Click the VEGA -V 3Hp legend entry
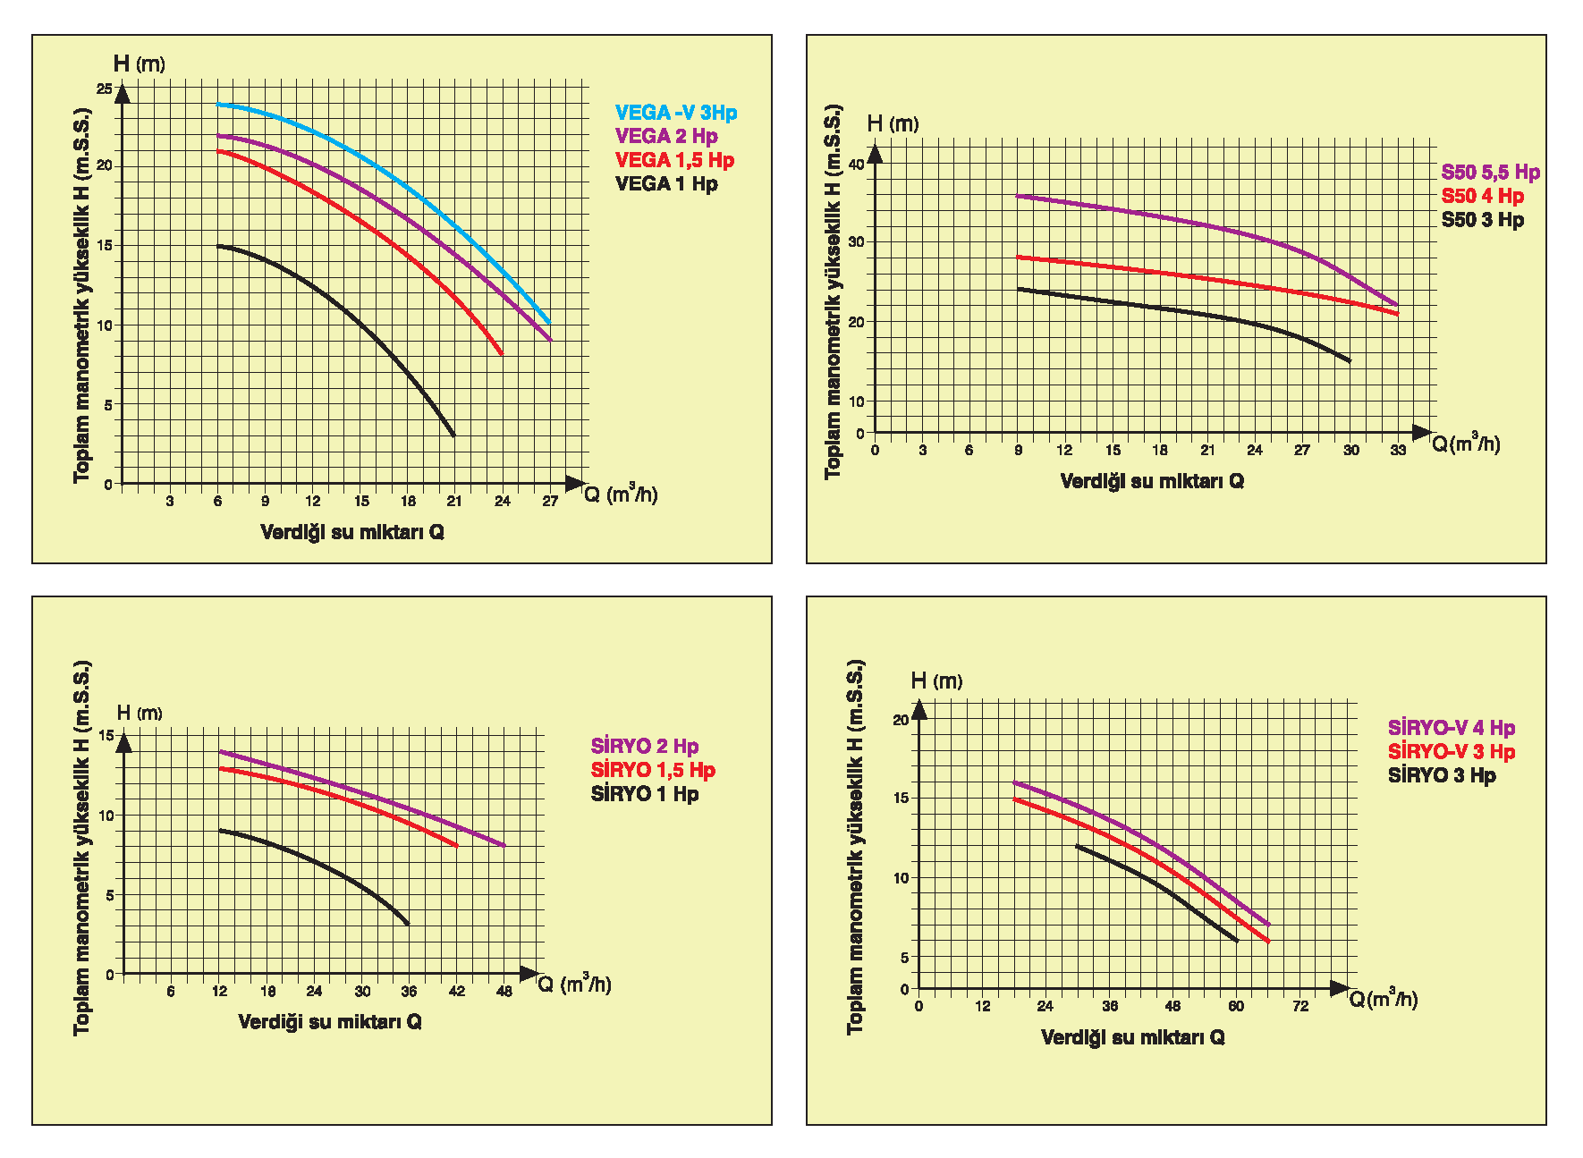tap(675, 113)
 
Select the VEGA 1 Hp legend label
tap(666, 183)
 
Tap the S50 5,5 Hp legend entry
tap(1490, 172)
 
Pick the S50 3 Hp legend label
tap(1482, 219)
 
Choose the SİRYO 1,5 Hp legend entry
tap(653, 770)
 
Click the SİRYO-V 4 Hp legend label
tap(1451, 728)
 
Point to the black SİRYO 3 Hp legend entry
tap(1442, 775)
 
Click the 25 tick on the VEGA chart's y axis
tap(105, 89)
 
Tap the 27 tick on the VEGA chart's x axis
tap(550, 502)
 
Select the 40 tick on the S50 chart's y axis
tap(856, 165)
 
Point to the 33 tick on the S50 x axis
tap(1398, 450)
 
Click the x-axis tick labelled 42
tap(457, 991)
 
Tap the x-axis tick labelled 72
tap(1300, 1006)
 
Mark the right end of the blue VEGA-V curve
tap(549, 323)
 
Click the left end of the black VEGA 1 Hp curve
tap(218, 246)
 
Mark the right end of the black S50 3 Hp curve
tap(1350, 361)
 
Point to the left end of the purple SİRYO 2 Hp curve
tap(220, 752)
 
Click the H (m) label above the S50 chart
tap(893, 123)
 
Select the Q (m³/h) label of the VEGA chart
tap(621, 494)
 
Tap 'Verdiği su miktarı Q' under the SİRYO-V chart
tap(1132, 1037)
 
